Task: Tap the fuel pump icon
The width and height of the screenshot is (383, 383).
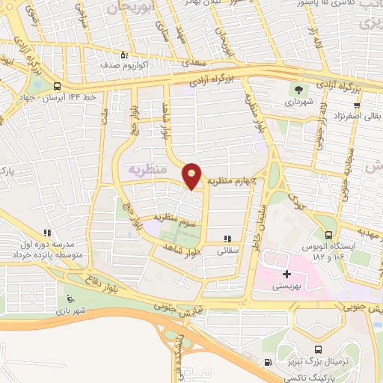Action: tap(269, 364)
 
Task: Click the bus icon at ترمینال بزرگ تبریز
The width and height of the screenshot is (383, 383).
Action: tap(319, 350)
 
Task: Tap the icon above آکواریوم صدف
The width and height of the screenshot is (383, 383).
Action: tap(125, 54)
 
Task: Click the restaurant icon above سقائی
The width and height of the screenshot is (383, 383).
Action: tap(227, 239)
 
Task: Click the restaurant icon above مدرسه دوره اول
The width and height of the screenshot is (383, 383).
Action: tap(47, 233)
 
